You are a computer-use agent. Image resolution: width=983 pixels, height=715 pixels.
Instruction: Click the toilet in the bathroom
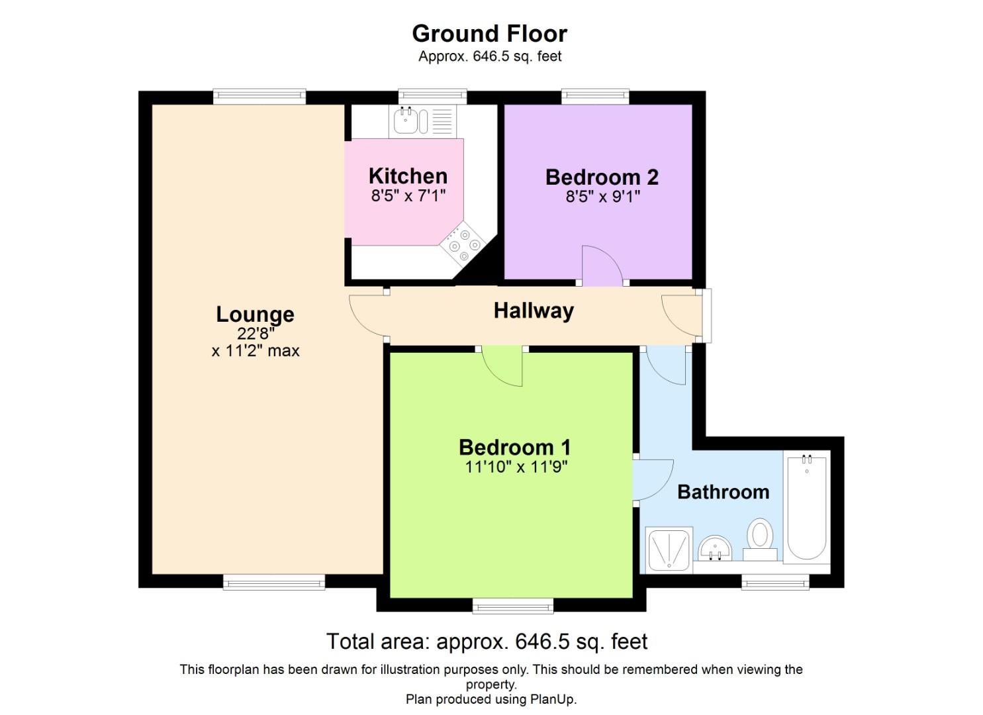pos(761,540)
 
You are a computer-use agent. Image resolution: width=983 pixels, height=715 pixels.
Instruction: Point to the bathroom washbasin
pos(715,549)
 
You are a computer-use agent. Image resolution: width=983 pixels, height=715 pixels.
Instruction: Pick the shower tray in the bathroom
pos(669,549)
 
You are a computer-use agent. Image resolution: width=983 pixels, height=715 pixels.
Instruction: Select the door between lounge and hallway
pos(369,315)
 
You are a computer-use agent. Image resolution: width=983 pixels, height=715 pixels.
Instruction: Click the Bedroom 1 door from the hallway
pos(502,366)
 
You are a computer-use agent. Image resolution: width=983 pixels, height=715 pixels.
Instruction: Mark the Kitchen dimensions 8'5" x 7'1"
pos(408,195)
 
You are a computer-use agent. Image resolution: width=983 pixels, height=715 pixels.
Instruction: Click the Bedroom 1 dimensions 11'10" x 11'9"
pos(516,467)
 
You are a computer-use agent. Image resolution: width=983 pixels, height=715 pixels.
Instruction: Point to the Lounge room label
pos(255,314)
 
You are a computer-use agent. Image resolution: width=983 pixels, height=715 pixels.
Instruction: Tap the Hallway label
pos(534,310)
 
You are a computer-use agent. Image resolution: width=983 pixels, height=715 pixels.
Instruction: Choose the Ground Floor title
pos(490,33)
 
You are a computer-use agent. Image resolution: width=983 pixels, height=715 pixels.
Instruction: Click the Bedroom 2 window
pos(595,96)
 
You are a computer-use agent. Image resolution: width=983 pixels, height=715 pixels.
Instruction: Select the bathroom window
pos(775,583)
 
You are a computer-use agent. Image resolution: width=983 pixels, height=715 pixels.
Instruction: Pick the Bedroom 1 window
pos(513,606)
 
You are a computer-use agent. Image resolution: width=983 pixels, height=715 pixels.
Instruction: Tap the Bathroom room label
pos(724,492)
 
